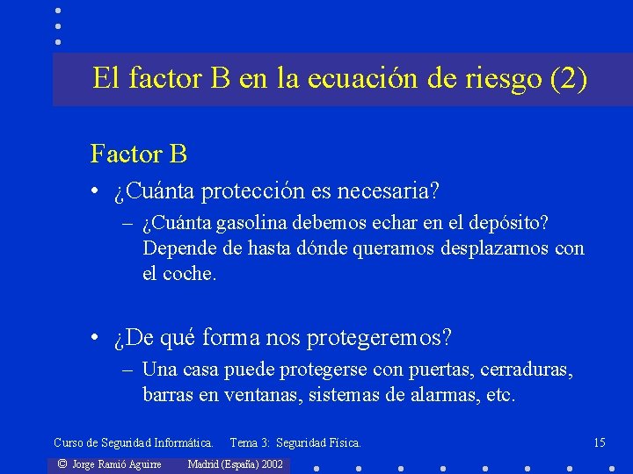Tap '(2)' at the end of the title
(567, 80)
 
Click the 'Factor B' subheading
(139, 154)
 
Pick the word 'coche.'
(190, 273)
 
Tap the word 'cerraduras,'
(526, 370)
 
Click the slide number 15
(600, 442)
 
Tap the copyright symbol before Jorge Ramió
(62, 463)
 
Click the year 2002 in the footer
(272, 463)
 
